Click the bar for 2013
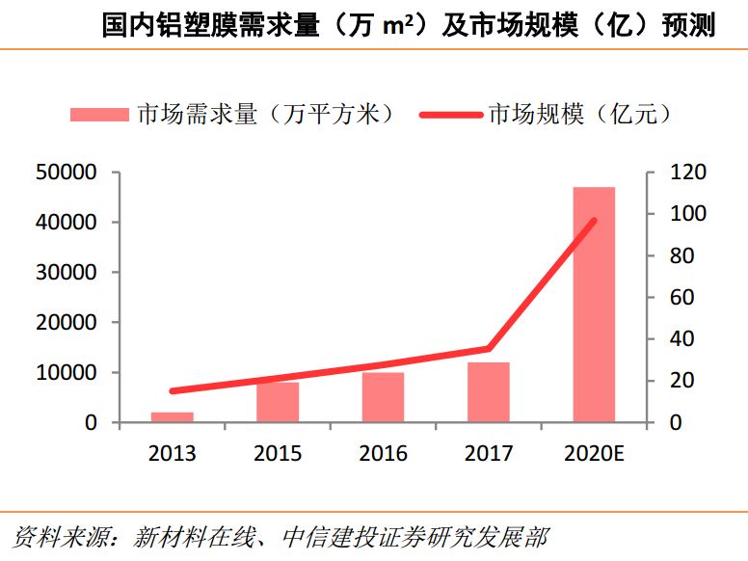[x=172, y=416]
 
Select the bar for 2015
[x=278, y=402]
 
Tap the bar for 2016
[x=383, y=397]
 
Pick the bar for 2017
[x=489, y=392]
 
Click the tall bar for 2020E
[x=594, y=305]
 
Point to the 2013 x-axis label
[x=172, y=453]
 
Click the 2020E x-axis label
[x=594, y=453]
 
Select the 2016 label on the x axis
[x=383, y=453]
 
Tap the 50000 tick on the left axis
[x=65, y=173]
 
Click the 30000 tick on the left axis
[x=65, y=273]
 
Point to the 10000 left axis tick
[x=65, y=373]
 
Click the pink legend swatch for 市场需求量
[x=99, y=115]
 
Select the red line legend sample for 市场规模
[x=450, y=115]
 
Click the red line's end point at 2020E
[x=594, y=221]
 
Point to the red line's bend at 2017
[x=489, y=348]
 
